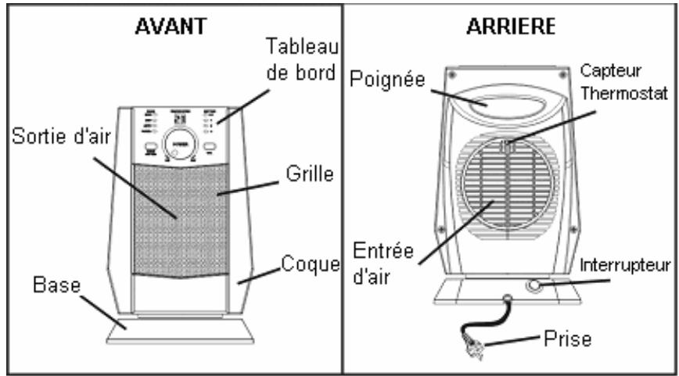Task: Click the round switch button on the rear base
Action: click(535, 286)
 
